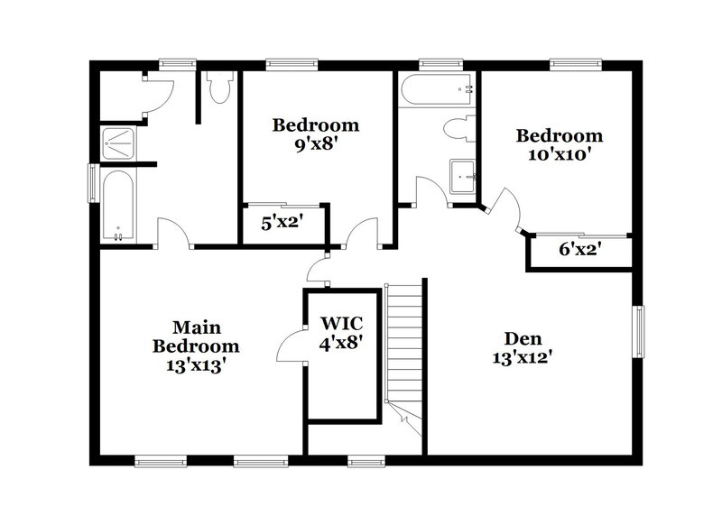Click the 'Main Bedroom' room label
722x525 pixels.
point(196,336)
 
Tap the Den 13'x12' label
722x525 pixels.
point(523,347)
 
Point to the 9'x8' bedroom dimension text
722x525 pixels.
point(316,143)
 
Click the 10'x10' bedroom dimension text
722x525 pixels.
point(559,154)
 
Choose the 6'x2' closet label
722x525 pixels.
point(579,249)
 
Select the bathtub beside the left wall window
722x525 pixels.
point(117,206)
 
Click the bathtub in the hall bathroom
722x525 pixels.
point(437,91)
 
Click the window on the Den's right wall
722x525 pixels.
point(639,332)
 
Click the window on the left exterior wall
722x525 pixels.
point(92,183)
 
